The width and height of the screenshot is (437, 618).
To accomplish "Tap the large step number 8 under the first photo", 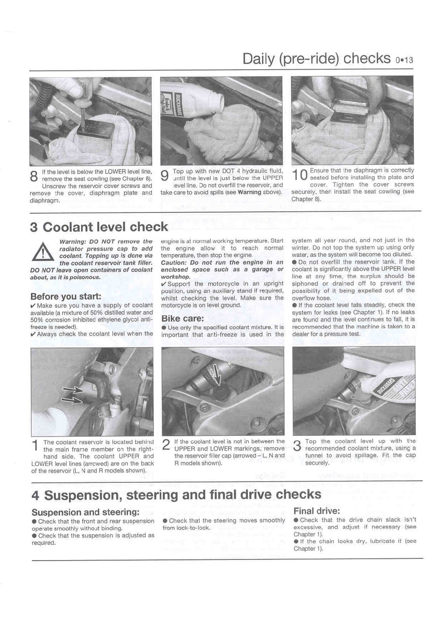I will (34, 176).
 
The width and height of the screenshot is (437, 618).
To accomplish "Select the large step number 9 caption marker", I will (165, 175).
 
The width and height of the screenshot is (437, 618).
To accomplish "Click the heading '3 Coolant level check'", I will (99, 227).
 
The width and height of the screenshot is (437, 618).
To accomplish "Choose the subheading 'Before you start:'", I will (66, 296).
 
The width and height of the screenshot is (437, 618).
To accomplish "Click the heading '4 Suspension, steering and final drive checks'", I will (176, 495).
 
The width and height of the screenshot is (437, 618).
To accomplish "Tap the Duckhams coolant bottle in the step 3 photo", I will (389, 393).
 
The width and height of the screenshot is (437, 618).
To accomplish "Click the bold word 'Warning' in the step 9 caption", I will (249, 192).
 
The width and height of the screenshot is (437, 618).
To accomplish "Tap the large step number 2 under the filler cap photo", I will (166, 445).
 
